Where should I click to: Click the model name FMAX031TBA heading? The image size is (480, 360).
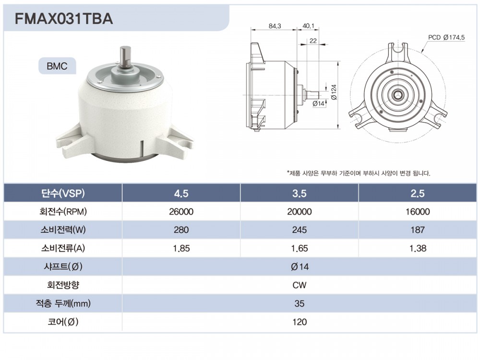coord(64,19)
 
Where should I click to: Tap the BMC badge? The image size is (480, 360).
coord(57,66)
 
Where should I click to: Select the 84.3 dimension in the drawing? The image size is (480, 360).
coord(275,26)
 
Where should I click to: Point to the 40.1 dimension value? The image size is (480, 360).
coord(308,26)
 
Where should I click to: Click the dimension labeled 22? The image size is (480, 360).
coord(313,41)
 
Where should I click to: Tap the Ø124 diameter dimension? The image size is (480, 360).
coord(334,92)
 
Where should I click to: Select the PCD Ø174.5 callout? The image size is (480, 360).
coord(446,37)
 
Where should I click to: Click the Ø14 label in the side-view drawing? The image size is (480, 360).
coord(318,104)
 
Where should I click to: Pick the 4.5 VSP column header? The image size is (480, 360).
coord(181,193)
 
